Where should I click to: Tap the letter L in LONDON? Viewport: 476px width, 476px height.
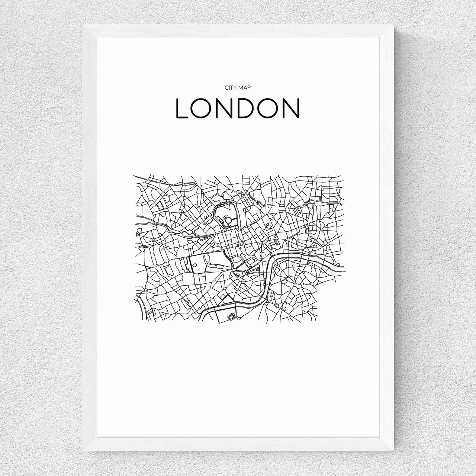(181, 108)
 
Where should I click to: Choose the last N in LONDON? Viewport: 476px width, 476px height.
(292, 108)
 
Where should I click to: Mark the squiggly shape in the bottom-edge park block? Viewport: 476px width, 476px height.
(231, 316)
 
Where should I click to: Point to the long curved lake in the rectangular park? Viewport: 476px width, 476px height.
(216, 265)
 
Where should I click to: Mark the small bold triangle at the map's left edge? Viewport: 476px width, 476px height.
(139, 234)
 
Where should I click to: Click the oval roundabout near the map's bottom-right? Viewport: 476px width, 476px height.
(276, 305)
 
